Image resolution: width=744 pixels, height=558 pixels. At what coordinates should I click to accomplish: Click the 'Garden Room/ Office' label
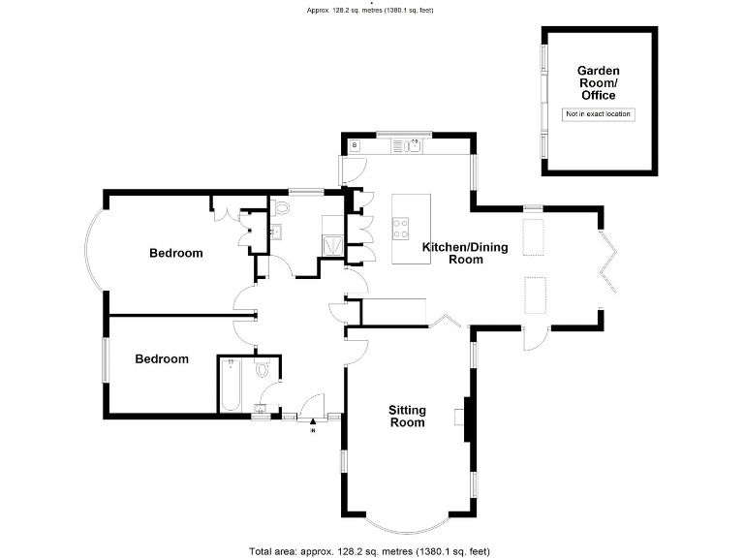[x=598, y=83]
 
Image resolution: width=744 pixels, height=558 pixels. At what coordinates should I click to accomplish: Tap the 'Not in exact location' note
[x=598, y=114]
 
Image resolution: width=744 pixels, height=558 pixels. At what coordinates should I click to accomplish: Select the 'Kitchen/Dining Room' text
[x=465, y=253]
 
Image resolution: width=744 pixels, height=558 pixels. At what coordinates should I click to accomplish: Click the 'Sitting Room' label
[x=407, y=417]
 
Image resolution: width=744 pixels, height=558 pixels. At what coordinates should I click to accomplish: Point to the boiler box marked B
[x=355, y=145]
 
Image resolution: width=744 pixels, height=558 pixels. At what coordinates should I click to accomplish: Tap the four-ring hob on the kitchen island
[x=399, y=229]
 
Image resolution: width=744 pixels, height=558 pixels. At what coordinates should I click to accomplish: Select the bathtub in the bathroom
[x=232, y=385]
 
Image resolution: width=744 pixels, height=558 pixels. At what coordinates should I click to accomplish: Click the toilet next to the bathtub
[x=263, y=370]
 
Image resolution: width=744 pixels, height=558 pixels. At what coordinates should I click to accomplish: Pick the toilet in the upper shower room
[x=281, y=207]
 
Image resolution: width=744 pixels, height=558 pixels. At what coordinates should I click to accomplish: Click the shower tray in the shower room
[x=332, y=243]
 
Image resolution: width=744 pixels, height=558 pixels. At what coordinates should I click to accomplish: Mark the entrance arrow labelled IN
[x=313, y=423]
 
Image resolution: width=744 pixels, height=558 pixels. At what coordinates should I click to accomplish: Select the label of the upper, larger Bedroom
[x=175, y=254]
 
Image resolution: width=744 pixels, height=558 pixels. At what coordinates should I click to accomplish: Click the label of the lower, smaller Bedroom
[x=162, y=358]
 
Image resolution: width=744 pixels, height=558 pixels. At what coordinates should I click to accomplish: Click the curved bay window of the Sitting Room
[x=407, y=523]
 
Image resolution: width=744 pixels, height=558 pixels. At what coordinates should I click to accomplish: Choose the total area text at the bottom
[x=372, y=550]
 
